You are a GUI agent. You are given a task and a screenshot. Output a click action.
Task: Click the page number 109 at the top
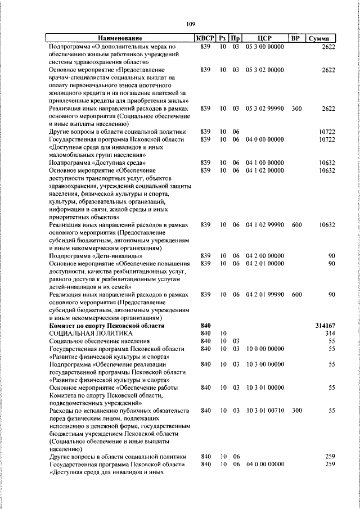point(190,24)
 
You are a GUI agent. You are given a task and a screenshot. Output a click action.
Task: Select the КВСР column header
point(205,38)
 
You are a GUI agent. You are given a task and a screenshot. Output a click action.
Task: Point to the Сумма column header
point(321,38)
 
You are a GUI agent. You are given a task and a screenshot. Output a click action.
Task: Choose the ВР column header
point(296,38)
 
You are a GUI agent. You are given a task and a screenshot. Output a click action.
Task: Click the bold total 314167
point(325,326)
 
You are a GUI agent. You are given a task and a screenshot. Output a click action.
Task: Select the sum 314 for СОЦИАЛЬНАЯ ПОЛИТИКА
point(330,334)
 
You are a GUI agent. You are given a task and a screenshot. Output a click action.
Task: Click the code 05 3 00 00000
point(264,46)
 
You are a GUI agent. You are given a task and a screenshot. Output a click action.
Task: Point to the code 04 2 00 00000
point(264,256)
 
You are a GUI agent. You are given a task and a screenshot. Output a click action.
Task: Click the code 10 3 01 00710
point(264,411)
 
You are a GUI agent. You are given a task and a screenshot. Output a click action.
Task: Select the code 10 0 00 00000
point(264,349)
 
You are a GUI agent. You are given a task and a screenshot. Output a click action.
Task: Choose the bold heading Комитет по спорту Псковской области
point(107,326)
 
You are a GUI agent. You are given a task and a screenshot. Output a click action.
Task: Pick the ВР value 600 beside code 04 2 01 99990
point(296,295)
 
